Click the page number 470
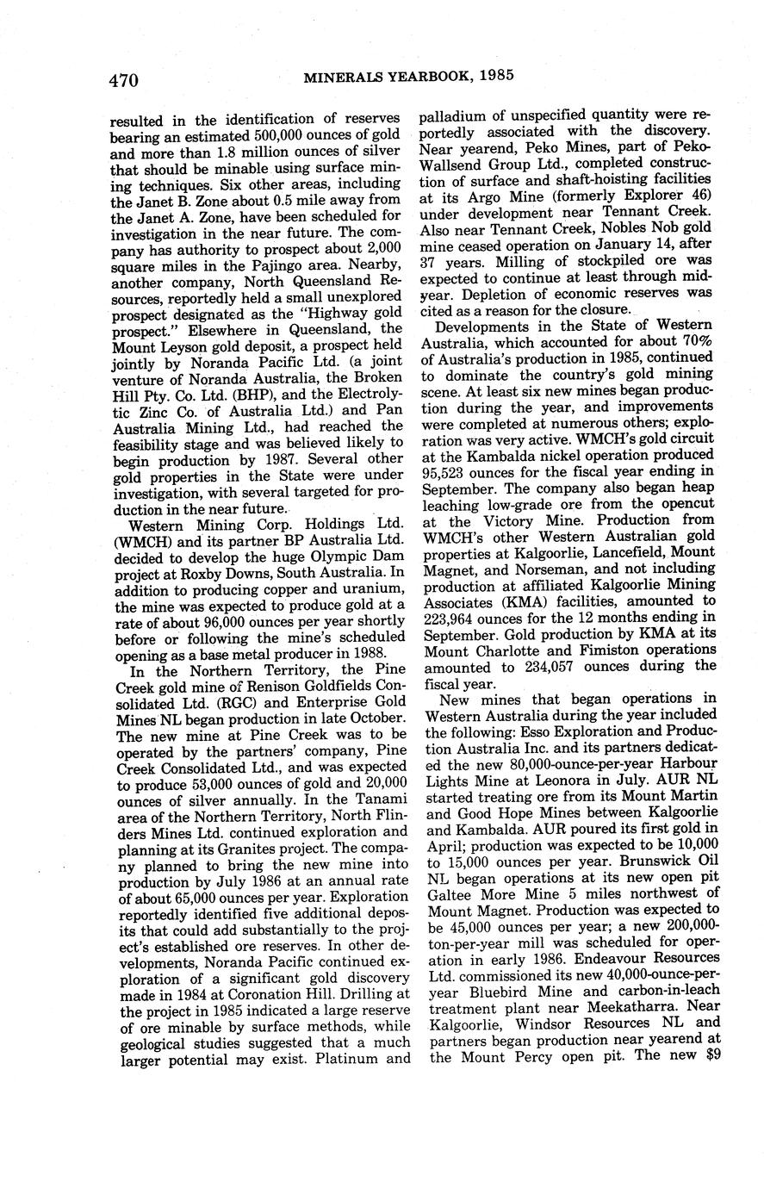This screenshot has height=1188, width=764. (124, 80)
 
